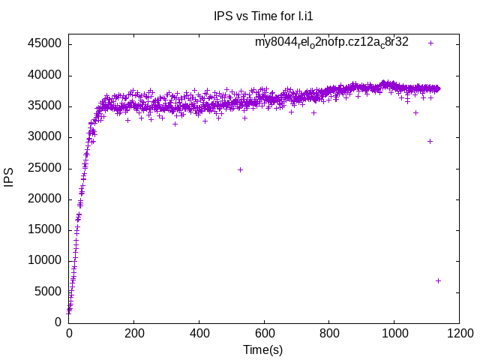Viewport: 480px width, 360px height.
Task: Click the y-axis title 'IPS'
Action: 10,178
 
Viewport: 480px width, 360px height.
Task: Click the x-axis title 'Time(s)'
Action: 263,349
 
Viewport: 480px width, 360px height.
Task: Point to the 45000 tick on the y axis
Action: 45,43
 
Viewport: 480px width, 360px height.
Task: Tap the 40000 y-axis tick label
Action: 45,75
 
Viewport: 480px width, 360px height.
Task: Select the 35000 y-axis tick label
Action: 45,106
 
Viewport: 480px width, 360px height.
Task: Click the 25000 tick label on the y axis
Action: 45,168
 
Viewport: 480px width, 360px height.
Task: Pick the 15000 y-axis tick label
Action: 45,229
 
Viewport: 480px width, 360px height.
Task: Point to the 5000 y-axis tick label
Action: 48,292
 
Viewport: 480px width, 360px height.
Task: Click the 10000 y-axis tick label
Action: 45,260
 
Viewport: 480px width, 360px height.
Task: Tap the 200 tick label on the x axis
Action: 134,334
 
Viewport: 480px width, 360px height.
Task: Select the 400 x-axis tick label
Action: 199,334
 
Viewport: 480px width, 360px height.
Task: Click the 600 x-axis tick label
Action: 264,334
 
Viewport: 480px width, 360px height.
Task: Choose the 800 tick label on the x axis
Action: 328,334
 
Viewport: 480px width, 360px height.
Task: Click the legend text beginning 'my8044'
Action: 331,42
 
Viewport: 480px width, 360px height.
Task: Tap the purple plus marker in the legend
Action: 430,43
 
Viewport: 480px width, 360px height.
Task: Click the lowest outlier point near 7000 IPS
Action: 438,280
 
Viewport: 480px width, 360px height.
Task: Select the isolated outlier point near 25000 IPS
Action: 240,169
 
